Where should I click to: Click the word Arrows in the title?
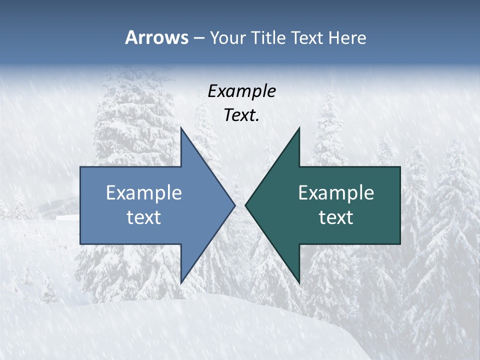point(156,37)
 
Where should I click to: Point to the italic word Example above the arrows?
point(241,91)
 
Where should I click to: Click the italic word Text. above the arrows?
point(241,115)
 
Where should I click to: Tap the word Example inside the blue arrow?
point(144,192)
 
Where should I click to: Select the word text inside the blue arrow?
point(144,217)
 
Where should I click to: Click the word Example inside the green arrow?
point(336,192)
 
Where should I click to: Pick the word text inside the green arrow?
point(336,217)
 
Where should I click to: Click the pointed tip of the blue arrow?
point(234,205)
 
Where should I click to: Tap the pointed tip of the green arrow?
point(245,205)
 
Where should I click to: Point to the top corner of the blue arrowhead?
point(181,127)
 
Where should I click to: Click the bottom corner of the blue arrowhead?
point(181,283)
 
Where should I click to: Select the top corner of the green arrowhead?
point(299,127)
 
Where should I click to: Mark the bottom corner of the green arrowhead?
point(299,283)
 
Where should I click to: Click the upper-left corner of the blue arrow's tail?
point(80,167)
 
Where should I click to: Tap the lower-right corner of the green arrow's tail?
point(400,244)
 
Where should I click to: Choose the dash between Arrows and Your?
point(198,38)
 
